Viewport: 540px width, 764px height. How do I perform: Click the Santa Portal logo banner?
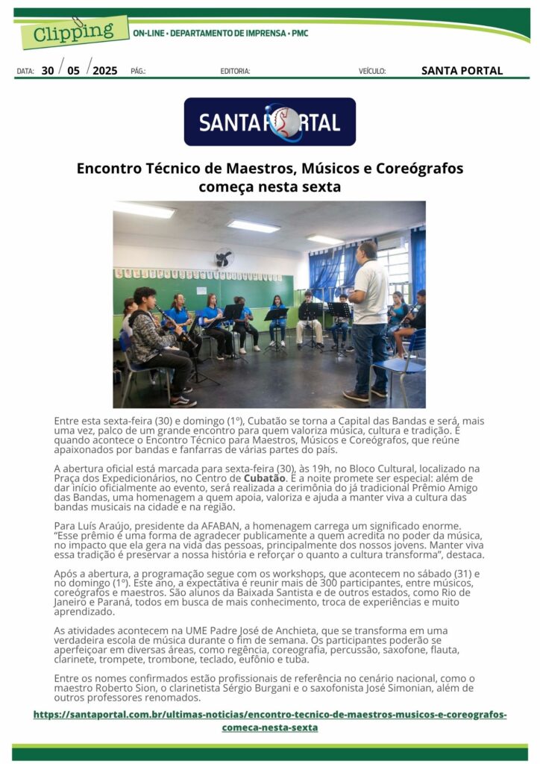tap(269, 122)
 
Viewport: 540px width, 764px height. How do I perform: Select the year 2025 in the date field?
tap(105, 71)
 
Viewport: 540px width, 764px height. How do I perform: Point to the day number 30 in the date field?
tap(48, 71)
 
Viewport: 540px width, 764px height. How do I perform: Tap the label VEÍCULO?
tap(372, 72)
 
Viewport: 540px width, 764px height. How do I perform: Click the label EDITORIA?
tap(235, 72)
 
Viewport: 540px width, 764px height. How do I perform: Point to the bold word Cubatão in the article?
tap(265, 478)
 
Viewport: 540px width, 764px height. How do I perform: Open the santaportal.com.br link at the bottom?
tap(269, 721)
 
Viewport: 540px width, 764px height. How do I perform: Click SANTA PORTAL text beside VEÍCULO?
tap(462, 71)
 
